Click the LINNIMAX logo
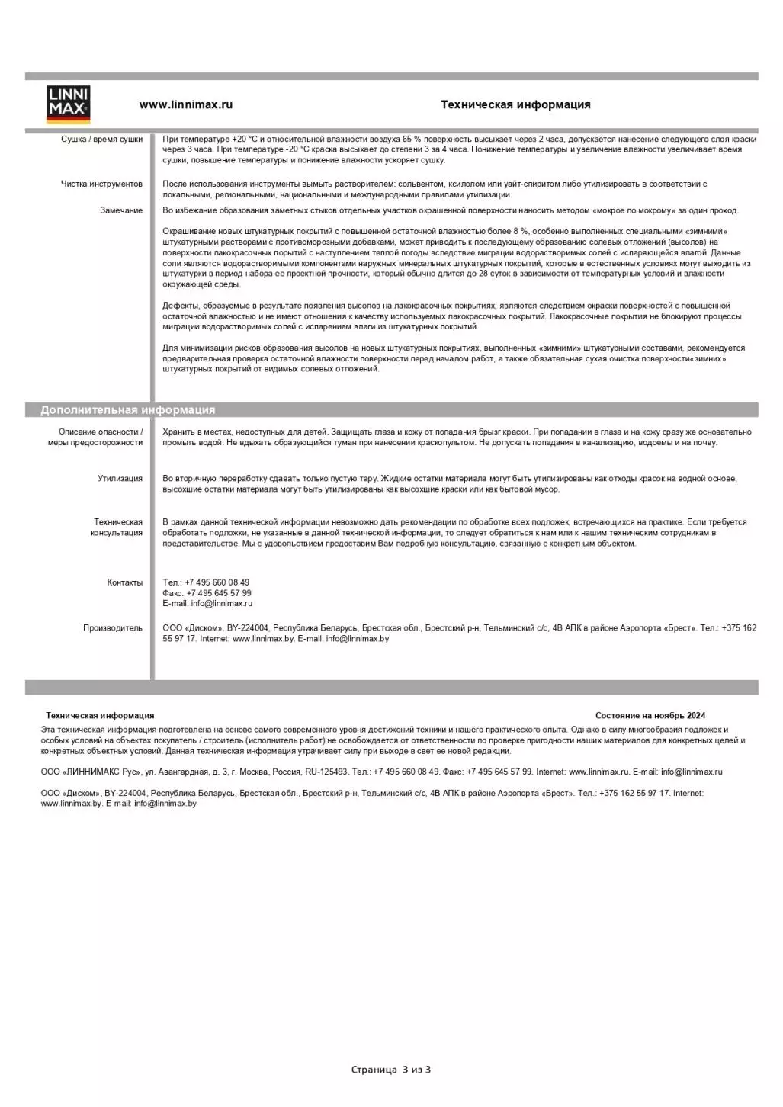(69, 104)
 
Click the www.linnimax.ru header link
(185, 105)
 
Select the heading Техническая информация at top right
(515, 105)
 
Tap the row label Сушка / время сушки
(101, 140)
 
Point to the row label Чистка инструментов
(101, 184)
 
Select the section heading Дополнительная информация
(127, 410)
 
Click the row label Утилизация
(120, 479)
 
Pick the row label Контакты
(124, 582)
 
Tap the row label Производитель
(112, 628)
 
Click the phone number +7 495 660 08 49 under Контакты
(217, 582)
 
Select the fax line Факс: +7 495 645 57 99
(207, 593)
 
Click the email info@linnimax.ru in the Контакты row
(221, 604)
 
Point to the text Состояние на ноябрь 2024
(650, 716)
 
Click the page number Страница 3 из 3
(390, 1070)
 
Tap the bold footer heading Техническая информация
(100, 716)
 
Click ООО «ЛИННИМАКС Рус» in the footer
(91, 772)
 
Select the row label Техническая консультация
(117, 528)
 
